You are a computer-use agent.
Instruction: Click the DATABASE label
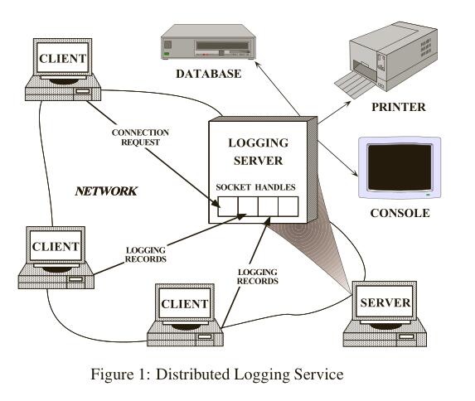[x=209, y=74]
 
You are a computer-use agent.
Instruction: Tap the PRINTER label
[x=399, y=107]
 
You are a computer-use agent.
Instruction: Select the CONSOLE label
[x=400, y=213]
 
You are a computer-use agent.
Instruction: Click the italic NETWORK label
[x=106, y=191]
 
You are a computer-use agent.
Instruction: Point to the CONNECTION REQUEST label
[x=140, y=138]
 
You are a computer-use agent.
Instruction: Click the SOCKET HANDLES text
[x=255, y=187]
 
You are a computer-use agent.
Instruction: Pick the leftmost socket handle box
[x=227, y=206]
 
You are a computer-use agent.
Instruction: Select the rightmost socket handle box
[x=288, y=206]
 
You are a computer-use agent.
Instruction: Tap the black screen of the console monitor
[x=400, y=167]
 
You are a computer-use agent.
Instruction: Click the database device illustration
[x=208, y=41]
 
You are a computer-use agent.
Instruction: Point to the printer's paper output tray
[x=355, y=85]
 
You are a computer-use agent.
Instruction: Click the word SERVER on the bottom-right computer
[x=385, y=302]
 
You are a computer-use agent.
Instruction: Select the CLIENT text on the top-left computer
[x=63, y=59]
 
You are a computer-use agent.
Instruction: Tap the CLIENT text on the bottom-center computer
[x=185, y=304]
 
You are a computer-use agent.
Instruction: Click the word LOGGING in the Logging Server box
[x=258, y=143]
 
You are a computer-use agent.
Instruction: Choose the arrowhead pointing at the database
[x=257, y=64]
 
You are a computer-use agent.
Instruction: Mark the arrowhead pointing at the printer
[x=348, y=103]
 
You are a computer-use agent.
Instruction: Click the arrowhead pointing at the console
[x=355, y=173]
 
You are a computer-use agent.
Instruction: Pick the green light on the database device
[x=167, y=54]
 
